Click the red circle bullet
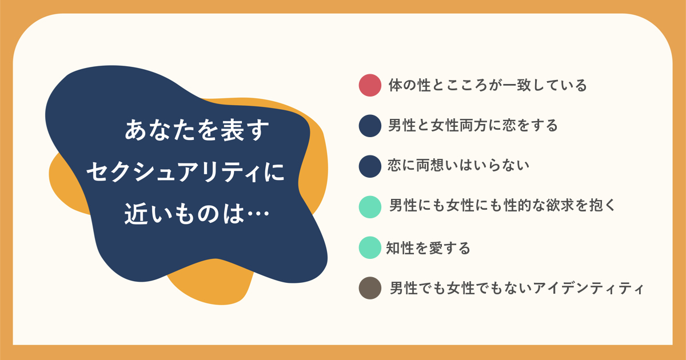pos(370,85)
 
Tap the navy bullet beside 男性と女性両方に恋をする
pos(370,126)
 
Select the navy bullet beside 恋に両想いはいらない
pos(370,166)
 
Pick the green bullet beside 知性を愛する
pos(370,247)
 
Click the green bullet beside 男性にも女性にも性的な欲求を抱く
pos(370,207)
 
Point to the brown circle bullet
pos(370,288)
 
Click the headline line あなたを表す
pos(197,131)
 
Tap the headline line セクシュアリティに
pos(186,172)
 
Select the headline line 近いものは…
pos(197,213)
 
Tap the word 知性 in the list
pos(400,248)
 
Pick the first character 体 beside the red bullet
pos(396,85)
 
